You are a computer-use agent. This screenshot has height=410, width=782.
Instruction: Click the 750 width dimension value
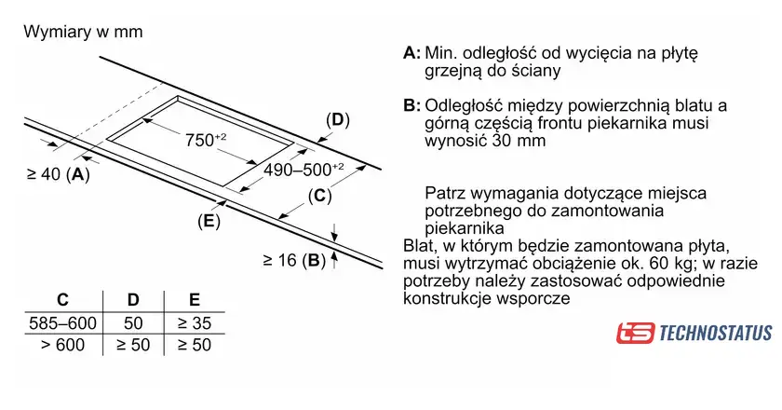tap(206, 140)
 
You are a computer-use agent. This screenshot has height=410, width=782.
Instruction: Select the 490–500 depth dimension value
tap(303, 170)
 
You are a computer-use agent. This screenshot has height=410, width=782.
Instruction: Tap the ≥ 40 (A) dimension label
tap(59, 174)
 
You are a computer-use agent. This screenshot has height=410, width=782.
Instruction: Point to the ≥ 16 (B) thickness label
tap(294, 260)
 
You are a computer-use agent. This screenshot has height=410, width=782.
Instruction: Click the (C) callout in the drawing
tap(319, 196)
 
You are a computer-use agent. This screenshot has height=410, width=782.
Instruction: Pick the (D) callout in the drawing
tap(338, 120)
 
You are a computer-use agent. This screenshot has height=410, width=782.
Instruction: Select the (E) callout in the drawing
tap(209, 221)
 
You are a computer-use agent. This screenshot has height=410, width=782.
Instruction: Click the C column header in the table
tap(62, 300)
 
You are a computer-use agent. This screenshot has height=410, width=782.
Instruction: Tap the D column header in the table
tap(133, 300)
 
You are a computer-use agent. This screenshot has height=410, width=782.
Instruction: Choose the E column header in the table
tap(195, 300)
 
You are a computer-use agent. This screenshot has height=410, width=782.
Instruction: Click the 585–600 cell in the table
tap(63, 323)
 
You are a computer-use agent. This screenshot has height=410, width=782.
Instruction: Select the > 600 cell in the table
tap(63, 345)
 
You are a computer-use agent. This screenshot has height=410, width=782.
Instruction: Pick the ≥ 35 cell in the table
tap(195, 323)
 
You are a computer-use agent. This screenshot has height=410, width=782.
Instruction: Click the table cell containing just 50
tap(133, 323)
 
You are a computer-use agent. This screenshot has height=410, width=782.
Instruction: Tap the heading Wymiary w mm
tap(83, 32)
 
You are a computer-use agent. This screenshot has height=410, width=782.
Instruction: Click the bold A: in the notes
tap(411, 52)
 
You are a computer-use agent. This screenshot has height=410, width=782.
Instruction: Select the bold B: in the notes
tap(411, 105)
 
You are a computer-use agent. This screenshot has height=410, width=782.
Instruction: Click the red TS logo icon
tap(635, 333)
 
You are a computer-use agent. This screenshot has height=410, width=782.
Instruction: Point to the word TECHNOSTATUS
tap(716, 333)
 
